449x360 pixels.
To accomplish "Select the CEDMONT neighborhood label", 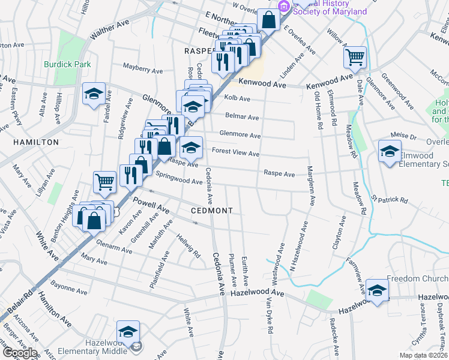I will click(211, 211).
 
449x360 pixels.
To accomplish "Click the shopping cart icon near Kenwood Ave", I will click(355, 58).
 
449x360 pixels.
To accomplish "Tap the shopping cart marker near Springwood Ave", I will click(104, 181).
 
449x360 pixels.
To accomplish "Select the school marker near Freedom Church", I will click(377, 290).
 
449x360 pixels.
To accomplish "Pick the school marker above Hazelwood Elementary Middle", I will click(127, 332).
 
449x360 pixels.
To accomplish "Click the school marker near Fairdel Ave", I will click(94, 93).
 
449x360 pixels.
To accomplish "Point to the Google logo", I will click(19, 353).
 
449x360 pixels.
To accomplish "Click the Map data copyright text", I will click(423, 355).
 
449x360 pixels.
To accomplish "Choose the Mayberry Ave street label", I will click(142, 69).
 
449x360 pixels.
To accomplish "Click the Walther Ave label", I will click(110, 30).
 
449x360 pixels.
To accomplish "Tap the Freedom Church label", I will click(417, 279).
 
